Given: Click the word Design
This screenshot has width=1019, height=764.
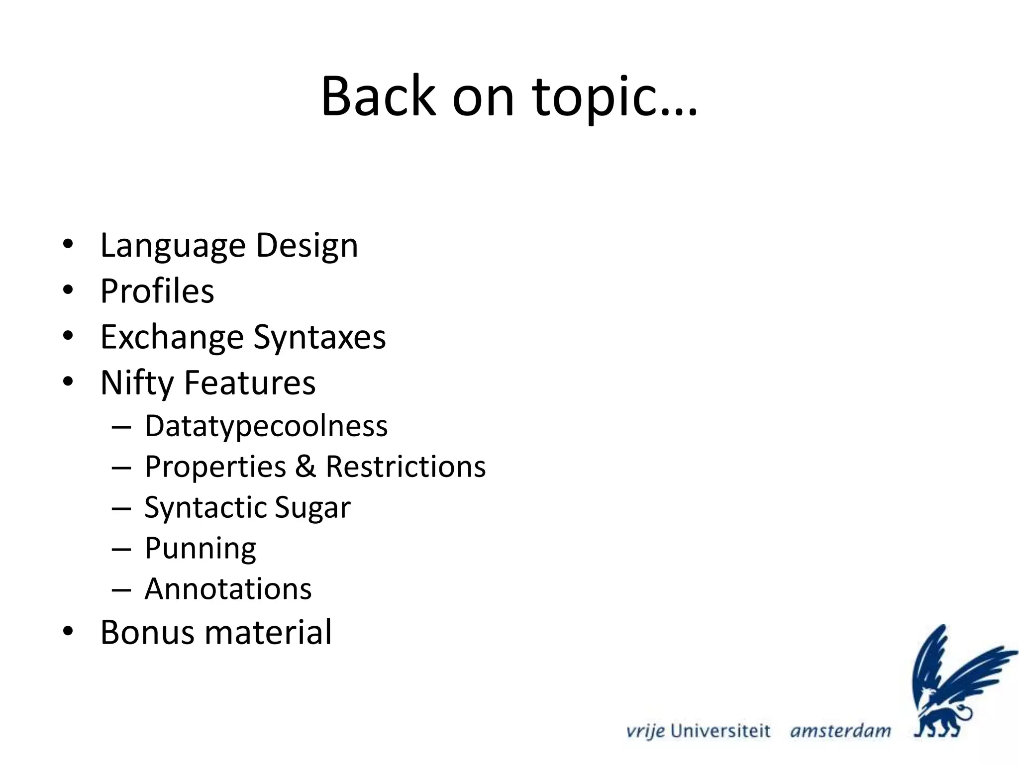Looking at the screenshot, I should (306, 246).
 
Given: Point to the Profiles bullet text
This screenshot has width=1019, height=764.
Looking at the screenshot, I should (157, 291).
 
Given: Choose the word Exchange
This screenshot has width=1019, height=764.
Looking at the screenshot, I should (172, 337).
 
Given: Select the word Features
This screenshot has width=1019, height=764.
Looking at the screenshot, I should (250, 382).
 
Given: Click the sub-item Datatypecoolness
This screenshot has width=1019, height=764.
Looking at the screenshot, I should (266, 427).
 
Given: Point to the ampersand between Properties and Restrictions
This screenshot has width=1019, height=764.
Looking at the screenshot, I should (306, 467).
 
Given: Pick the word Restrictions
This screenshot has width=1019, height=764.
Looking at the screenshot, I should (406, 467).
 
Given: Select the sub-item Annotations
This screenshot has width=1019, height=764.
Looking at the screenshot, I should (228, 589).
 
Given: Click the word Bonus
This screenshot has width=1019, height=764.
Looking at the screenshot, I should (147, 632).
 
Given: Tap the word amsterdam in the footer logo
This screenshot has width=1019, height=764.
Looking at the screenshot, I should (840, 731).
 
